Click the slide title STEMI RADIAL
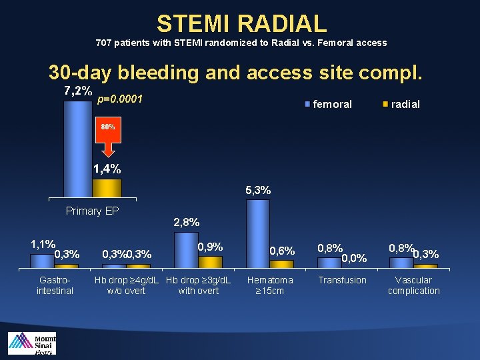(x=241, y=23)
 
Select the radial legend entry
(x=401, y=104)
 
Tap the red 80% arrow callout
(x=107, y=133)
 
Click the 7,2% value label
(x=77, y=90)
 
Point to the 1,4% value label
(x=107, y=169)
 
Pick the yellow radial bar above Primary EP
(x=107, y=188)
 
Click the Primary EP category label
(x=93, y=211)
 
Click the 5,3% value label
(x=258, y=190)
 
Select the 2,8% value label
(x=186, y=222)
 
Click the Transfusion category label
(x=342, y=280)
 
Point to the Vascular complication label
(x=413, y=285)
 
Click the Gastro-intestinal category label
(x=55, y=285)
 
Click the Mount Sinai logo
(x=31, y=343)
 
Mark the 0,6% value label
(x=282, y=251)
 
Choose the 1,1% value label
(x=43, y=244)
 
